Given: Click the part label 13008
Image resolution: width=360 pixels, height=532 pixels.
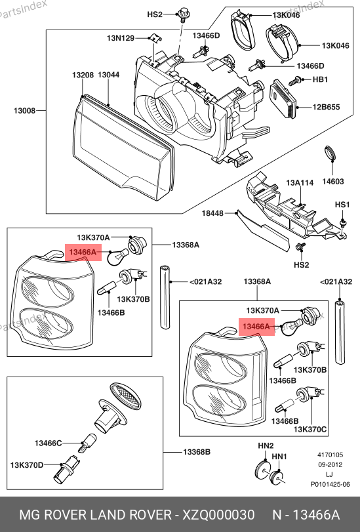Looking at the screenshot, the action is tap(24, 111).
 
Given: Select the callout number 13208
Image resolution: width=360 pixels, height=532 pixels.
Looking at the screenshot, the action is tap(83, 75).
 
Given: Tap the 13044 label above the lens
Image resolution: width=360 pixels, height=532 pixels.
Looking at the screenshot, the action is tap(109, 75).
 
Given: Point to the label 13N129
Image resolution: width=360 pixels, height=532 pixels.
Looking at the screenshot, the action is tap(121, 38).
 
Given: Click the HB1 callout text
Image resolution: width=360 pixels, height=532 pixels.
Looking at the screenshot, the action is tap(320, 79).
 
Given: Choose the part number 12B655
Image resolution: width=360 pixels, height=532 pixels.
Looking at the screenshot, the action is tap(326, 107).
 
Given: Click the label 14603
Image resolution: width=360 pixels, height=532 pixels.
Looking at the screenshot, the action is tap(333, 182).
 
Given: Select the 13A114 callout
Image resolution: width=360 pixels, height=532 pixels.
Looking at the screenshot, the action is tap(300, 183).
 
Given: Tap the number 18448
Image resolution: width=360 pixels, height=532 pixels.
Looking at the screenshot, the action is tap(212, 213).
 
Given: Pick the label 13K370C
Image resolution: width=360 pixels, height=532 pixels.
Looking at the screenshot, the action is tap(310, 430).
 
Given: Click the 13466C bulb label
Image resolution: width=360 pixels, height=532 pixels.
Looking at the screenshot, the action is tap(48, 443).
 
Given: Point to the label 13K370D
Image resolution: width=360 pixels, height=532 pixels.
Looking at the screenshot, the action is tap(27, 465).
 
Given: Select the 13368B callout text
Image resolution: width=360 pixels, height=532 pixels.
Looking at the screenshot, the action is tap(197, 452).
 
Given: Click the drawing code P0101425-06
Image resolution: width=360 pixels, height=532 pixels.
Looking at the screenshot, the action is tap(330, 485).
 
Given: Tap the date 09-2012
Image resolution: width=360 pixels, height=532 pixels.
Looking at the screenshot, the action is tap(330, 465).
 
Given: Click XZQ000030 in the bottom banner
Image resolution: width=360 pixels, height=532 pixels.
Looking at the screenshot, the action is tap(219, 515).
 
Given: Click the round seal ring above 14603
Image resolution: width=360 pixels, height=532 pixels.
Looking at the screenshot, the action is tap(331, 153).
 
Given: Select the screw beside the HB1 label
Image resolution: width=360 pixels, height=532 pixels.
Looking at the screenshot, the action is tap(295, 81).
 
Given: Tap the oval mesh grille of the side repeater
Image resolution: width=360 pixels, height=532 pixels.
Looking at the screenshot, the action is tap(125, 396).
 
